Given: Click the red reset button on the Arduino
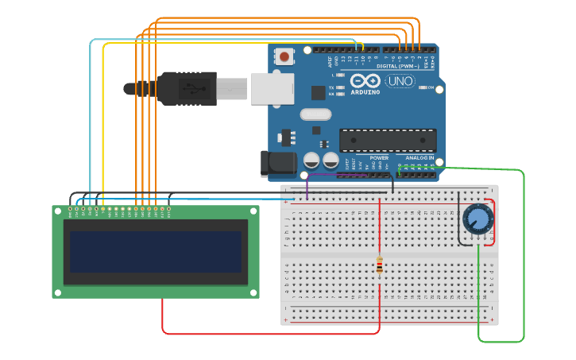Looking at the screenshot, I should (x=284, y=56).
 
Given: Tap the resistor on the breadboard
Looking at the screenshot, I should (x=379, y=265).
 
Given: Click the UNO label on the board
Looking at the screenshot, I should (x=400, y=81).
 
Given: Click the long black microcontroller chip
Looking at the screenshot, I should (x=388, y=140).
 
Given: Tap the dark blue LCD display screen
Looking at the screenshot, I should (x=156, y=251).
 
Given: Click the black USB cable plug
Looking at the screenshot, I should (x=187, y=89).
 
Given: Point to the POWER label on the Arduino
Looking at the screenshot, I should (x=379, y=157).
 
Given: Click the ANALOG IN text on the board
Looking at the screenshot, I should (x=420, y=157).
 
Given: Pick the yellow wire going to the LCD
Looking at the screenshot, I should (x=102, y=119).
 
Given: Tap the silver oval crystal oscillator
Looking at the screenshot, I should (x=315, y=114).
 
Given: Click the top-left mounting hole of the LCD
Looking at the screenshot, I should (x=57, y=211).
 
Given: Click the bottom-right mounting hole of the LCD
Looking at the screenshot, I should (x=253, y=292).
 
